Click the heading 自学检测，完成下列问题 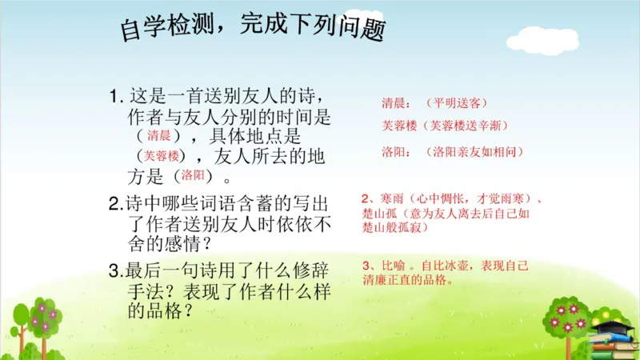tap(253, 27)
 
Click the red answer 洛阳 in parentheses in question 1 tap(193, 174)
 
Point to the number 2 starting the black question tap(114, 203)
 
